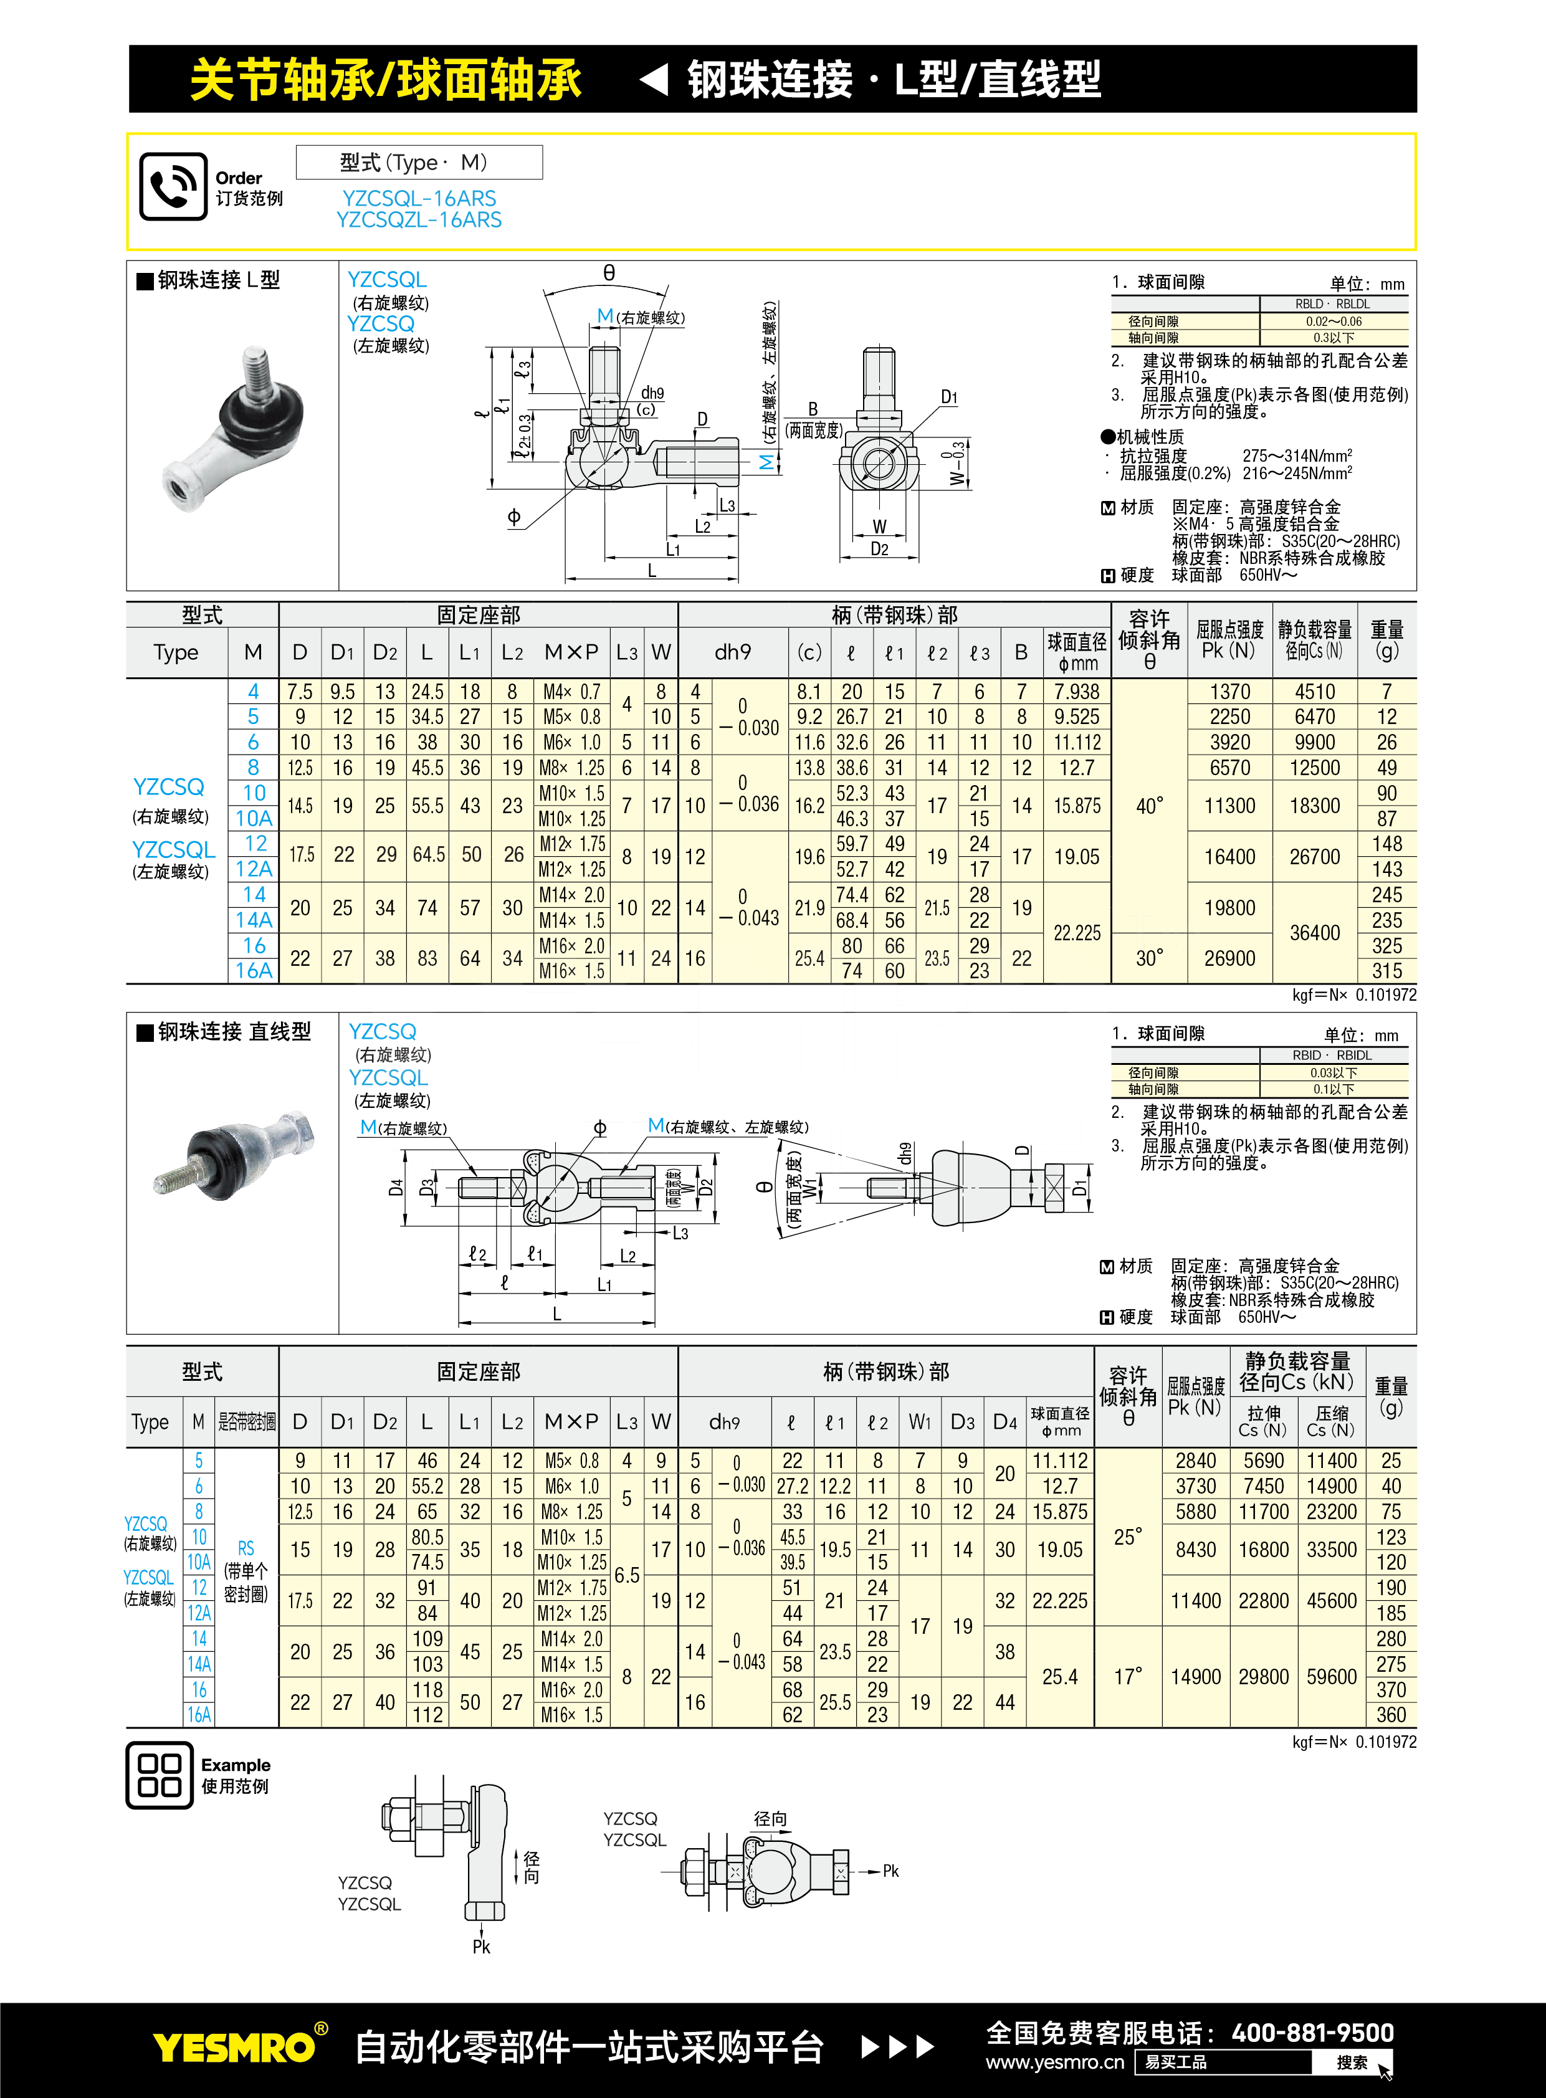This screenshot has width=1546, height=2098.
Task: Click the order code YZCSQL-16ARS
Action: [x=419, y=198]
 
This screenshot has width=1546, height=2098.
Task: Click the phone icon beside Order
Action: [x=173, y=186]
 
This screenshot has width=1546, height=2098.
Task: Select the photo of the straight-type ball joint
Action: [x=234, y=1154]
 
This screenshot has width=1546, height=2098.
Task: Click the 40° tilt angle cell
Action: [x=1149, y=806]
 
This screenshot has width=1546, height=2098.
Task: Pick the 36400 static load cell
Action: [x=1315, y=933]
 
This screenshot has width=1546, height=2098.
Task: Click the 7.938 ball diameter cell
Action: [x=1077, y=692]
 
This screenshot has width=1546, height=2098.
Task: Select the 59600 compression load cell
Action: [x=1332, y=1677]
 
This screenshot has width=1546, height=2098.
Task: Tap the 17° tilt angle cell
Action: [x=1128, y=1677]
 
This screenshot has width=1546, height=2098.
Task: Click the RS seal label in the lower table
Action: [x=246, y=1548]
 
